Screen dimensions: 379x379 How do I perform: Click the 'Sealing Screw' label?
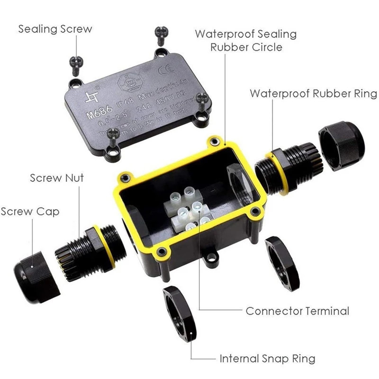point(55,29)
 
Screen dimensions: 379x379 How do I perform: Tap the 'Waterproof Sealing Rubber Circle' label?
point(246,40)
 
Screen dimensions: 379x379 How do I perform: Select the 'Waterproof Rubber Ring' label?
point(313,93)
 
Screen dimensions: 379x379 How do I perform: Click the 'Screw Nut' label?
point(57,178)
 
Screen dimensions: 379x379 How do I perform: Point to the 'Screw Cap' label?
point(30,211)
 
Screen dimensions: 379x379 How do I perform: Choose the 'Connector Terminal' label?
point(297,311)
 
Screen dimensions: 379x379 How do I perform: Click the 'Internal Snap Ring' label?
point(267,358)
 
